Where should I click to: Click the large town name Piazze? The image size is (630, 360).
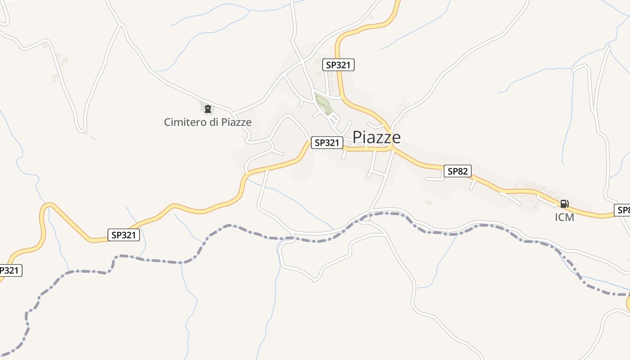(376, 137)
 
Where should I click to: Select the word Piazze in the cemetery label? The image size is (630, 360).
(236, 122)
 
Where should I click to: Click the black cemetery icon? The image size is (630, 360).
(207, 108)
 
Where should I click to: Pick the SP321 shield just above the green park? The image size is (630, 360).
(338, 65)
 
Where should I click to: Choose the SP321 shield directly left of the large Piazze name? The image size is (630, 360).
(327, 143)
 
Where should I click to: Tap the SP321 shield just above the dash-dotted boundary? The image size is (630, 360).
(124, 234)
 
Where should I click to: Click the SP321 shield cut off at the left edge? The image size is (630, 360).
(9, 270)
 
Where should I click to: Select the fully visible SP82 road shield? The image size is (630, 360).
(458, 171)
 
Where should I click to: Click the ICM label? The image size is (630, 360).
(564, 217)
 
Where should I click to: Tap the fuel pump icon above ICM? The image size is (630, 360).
(564, 204)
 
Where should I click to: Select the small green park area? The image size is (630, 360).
(323, 103)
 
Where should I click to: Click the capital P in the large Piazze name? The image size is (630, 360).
(358, 137)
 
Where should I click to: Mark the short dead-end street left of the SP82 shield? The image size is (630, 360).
(434, 179)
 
